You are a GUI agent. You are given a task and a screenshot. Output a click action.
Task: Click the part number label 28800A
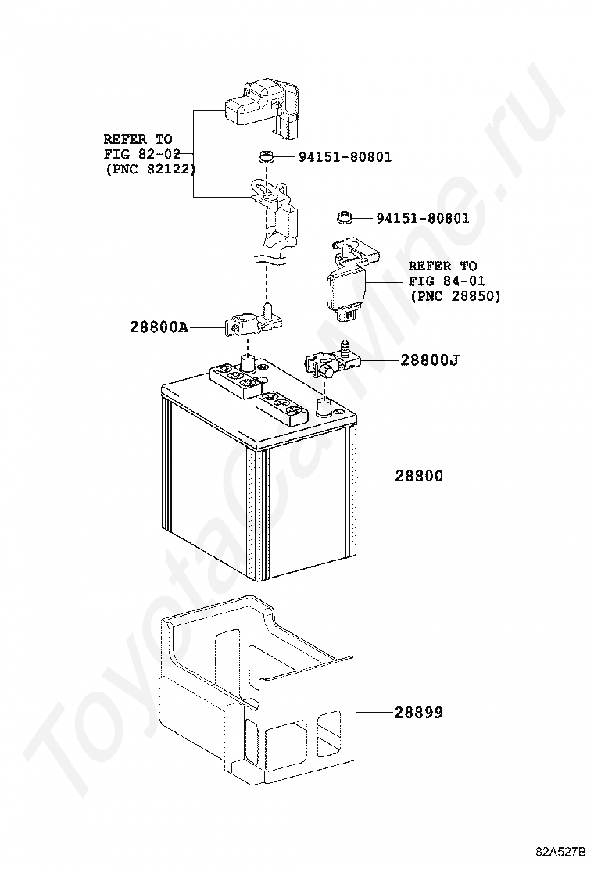point(159,327)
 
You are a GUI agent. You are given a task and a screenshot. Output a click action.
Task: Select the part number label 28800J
point(429,360)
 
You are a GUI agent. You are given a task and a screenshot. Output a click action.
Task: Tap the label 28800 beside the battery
point(418,476)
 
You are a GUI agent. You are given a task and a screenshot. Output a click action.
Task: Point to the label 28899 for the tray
point(418,713)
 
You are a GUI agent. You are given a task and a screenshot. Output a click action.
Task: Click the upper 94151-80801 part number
point(345,157)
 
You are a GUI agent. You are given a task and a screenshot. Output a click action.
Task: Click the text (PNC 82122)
point(149,169)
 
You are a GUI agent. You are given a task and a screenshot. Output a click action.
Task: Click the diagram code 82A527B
point(560,850)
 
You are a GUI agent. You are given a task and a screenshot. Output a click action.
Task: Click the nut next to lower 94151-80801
point(342,218)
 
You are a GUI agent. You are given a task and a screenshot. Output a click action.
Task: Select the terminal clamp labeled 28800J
point(328,362)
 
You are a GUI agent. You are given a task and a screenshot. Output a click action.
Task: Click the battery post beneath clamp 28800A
point(248,363)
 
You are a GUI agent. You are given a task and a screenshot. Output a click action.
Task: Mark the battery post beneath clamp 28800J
point(324,406)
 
